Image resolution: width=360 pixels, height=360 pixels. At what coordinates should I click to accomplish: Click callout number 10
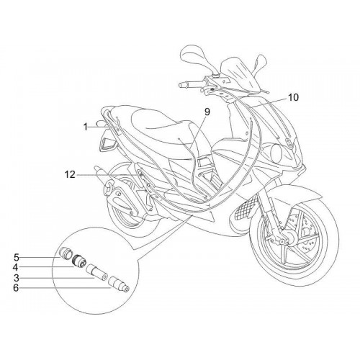(x=293, y=97)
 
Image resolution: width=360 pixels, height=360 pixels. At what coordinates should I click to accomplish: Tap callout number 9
(x=207, y=112)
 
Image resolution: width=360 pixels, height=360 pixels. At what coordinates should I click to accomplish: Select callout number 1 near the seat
(x=86, y=127)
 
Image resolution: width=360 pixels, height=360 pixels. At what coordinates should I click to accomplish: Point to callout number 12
(x=70, y=175)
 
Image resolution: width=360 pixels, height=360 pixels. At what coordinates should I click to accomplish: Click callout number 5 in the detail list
(x=17, y=258)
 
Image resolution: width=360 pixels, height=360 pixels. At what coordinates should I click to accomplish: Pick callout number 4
(x=17, y=267)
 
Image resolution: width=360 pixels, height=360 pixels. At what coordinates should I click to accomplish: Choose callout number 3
(x=17, y=278)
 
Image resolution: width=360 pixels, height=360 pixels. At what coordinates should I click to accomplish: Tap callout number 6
(x=17, y=287)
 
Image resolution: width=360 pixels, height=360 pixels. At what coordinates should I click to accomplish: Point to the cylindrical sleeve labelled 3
(x=96, y=271)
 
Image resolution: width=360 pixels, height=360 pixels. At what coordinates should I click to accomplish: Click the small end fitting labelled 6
(x=119, y=284)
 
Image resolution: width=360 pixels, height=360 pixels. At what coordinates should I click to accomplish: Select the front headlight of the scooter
(x=277, y=152)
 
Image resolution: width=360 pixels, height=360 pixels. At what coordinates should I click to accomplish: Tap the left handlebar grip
(x=186, y=84)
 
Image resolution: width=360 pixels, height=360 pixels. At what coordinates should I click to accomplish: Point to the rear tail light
(x=107, y=143)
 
